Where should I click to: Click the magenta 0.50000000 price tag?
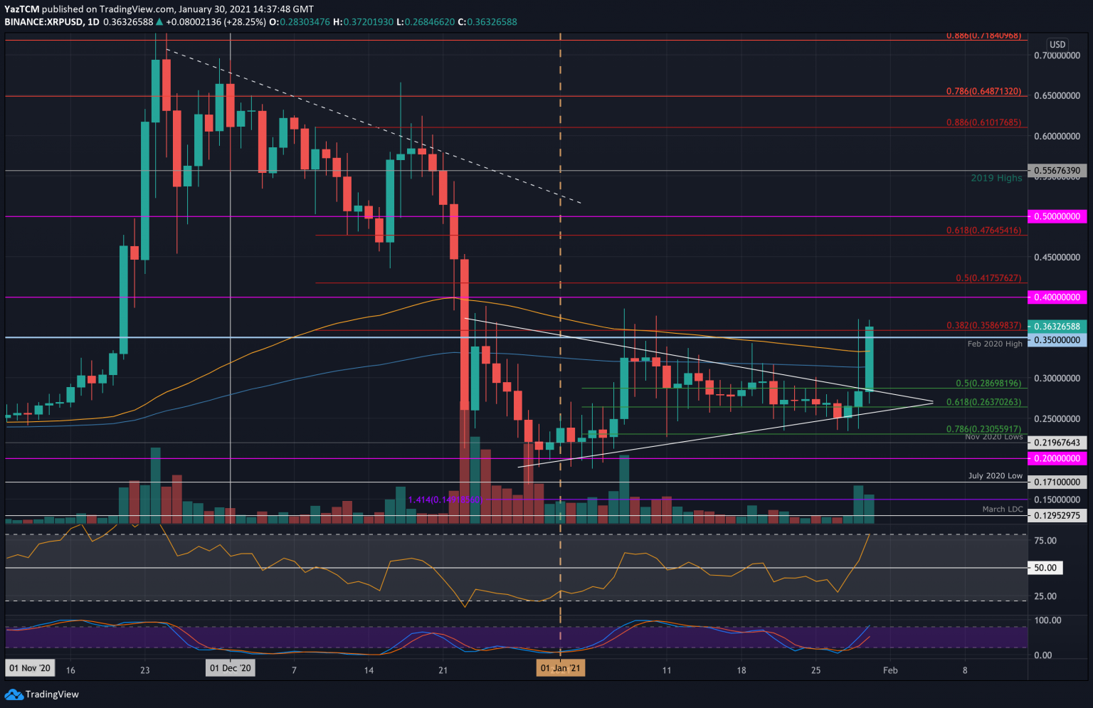1057,216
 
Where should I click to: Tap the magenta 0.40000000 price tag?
1057,297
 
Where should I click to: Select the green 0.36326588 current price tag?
1057,327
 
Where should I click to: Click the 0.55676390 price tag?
1057,171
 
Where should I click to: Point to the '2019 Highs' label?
996,178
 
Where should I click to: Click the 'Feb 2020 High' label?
995,344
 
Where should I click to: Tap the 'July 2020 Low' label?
995,476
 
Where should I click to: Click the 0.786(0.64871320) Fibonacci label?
983,92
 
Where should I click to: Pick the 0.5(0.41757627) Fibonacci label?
988,278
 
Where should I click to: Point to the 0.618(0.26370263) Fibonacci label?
983,402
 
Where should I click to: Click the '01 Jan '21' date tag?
561,668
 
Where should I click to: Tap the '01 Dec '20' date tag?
230,668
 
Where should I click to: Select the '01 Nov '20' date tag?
30,668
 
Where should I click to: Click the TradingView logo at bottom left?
42,694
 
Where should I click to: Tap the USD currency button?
1057,44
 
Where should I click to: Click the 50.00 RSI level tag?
1045,568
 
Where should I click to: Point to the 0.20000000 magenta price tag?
1057,459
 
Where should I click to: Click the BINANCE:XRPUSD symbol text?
42,22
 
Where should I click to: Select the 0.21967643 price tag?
1057,443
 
